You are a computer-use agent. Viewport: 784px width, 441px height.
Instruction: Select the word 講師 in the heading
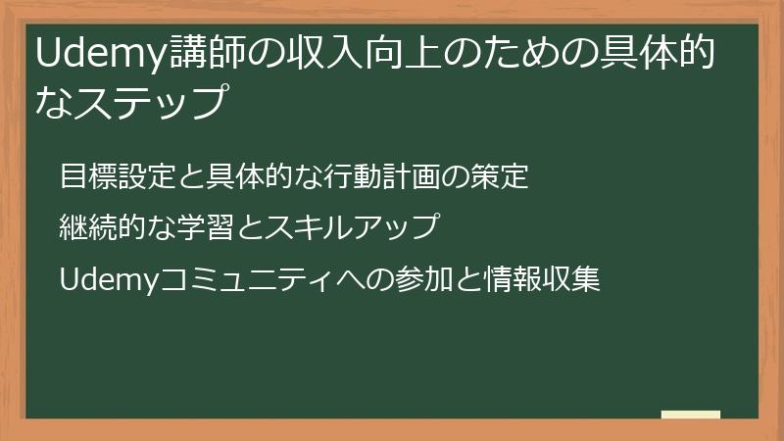click(202, 54)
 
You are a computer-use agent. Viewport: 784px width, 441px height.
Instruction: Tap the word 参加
click(417, 280)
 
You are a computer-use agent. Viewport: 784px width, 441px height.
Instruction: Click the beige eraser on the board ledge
click(691, 413)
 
